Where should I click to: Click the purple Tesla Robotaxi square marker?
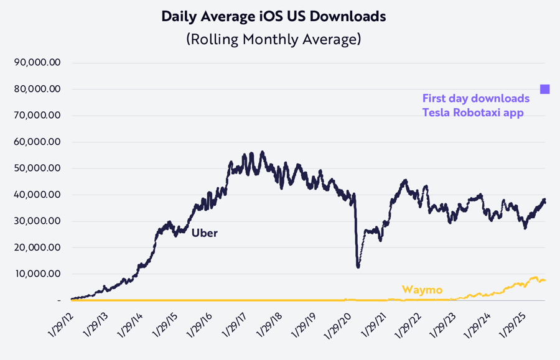pyautogui.click(x=544, y=90)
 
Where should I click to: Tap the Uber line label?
pyautogui.click(x=204, y=233)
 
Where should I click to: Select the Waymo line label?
pyautogui.click(x=422, y=290)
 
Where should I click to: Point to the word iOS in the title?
pyautogui.click(x=274, y=17)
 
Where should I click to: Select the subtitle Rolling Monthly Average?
pyautogui.click(x=274, y=39)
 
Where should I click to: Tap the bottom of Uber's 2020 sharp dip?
pyautogui.click(x=358, y=267)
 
